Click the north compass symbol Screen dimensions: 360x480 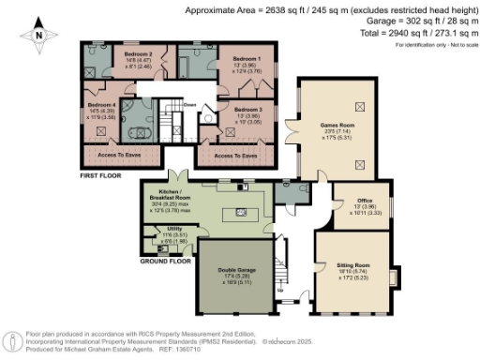pos(38,34)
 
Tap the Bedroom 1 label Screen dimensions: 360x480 pos(247,59)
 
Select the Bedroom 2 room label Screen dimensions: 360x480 pos(138,54)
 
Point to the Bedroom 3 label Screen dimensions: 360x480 pos(247,110)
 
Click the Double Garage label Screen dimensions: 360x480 pos(233,270)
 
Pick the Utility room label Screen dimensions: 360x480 pos(173,229)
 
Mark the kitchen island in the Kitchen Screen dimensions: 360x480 pos(234,215)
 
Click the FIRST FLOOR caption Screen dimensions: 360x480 pos(101,175)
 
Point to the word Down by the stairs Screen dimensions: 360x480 pos(190,105)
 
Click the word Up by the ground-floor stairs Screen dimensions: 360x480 pos(281,291)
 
